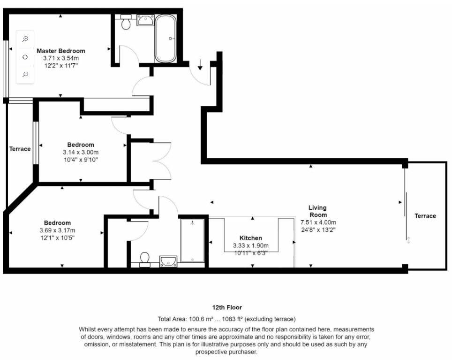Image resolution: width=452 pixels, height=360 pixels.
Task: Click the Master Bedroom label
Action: click(x=61, y=51)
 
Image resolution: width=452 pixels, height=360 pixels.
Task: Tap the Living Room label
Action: click(x=318, y=211)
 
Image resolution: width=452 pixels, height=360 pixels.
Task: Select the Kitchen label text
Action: click(x=251, y=238)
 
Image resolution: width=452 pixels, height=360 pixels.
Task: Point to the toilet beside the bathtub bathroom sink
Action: click(x=126, y=22)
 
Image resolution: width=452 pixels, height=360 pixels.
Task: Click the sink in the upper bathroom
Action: click(x=145, y=20)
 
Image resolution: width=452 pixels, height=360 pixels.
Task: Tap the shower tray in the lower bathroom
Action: click(x=192, y=241)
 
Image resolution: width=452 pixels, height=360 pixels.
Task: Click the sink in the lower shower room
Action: click(x=168, y=261)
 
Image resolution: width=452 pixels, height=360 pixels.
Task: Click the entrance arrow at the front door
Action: click(x=200, y=65)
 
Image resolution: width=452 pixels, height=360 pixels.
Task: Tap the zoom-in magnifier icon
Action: click(x=25, y=39)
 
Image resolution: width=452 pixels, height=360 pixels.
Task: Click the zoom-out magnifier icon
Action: click(x=25, y=75)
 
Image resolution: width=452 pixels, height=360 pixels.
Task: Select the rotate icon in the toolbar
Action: click(x=25, y=57)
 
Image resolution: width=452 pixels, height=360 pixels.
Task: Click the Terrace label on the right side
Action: click(x=425, y=216)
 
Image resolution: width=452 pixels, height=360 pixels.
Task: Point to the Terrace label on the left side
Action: click(x=20, y=149)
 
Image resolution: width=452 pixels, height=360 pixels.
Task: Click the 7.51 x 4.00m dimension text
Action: click(x=318, y=222)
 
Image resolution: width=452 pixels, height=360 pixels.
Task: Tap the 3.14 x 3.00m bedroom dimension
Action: click(x=81, y=152)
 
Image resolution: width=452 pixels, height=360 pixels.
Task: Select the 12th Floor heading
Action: click(x=227, y=307)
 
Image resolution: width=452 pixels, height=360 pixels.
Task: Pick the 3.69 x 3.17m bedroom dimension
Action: click(x=57, y=230)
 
